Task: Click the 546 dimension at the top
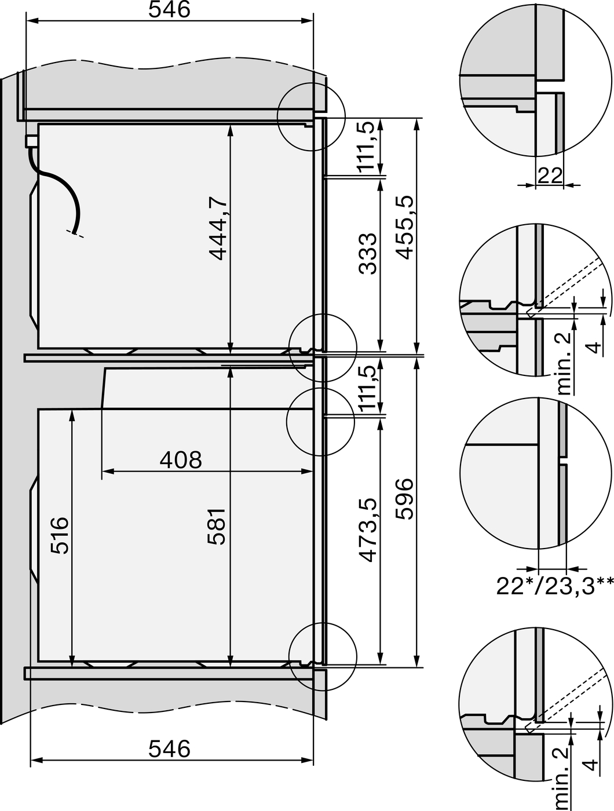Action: click(170, 10)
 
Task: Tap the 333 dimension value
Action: click(368, 254)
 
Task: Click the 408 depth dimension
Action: click(181, 460)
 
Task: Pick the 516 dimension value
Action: click(60, 535)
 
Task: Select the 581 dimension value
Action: click(217, 527)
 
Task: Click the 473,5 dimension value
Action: click(368, 530)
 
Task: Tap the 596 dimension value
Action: click(404, 499)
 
